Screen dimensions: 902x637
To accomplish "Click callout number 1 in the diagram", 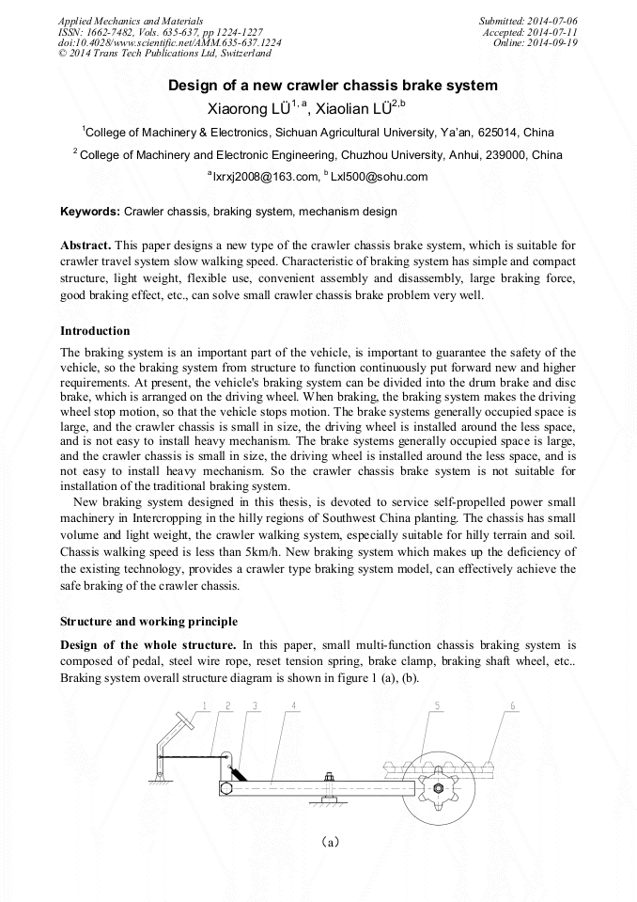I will point(205,705).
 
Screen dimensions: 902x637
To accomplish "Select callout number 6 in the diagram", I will point(512,705).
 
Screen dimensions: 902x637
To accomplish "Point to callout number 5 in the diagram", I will point(438,705).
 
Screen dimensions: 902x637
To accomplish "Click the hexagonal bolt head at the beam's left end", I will point(226,788).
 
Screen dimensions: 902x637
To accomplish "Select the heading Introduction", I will point(95,331).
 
